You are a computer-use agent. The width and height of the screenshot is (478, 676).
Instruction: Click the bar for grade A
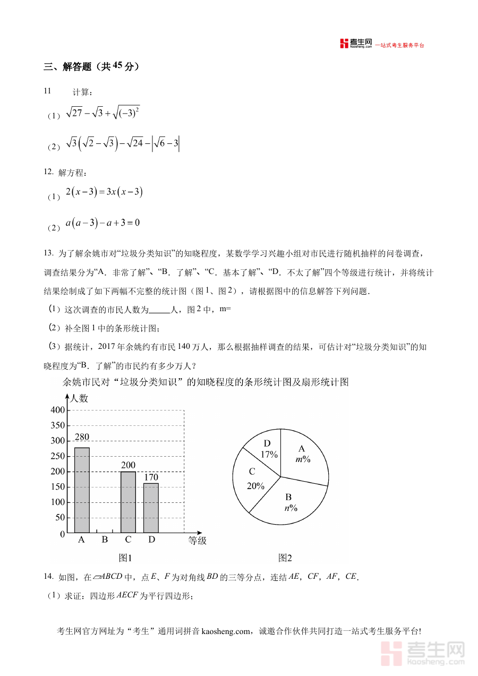(82, 490)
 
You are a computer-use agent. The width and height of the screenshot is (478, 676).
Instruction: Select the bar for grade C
(128, 502)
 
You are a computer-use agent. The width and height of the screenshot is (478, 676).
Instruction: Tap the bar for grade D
(151, 508)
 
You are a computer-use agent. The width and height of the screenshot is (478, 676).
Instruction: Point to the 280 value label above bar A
(82, 438)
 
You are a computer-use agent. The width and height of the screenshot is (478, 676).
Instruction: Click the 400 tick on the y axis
(58, 410)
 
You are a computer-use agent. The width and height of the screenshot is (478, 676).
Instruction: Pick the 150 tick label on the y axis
(58, 487)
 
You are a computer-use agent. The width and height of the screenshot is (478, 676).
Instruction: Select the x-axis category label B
(105, 540)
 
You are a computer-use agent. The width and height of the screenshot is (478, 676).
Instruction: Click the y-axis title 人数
(79, 398)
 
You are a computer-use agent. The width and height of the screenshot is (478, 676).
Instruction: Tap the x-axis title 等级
(197, 541)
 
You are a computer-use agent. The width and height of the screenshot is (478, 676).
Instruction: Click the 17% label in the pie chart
(269, 455)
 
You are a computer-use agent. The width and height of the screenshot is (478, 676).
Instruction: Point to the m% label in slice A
(303, 459)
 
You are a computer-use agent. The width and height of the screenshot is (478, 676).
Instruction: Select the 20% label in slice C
(255, 485)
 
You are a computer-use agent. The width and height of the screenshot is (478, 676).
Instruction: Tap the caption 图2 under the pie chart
(285, 558)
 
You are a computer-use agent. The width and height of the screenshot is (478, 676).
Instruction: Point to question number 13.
(48, 253)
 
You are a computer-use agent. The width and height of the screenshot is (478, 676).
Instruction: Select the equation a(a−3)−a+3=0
(103, 223)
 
